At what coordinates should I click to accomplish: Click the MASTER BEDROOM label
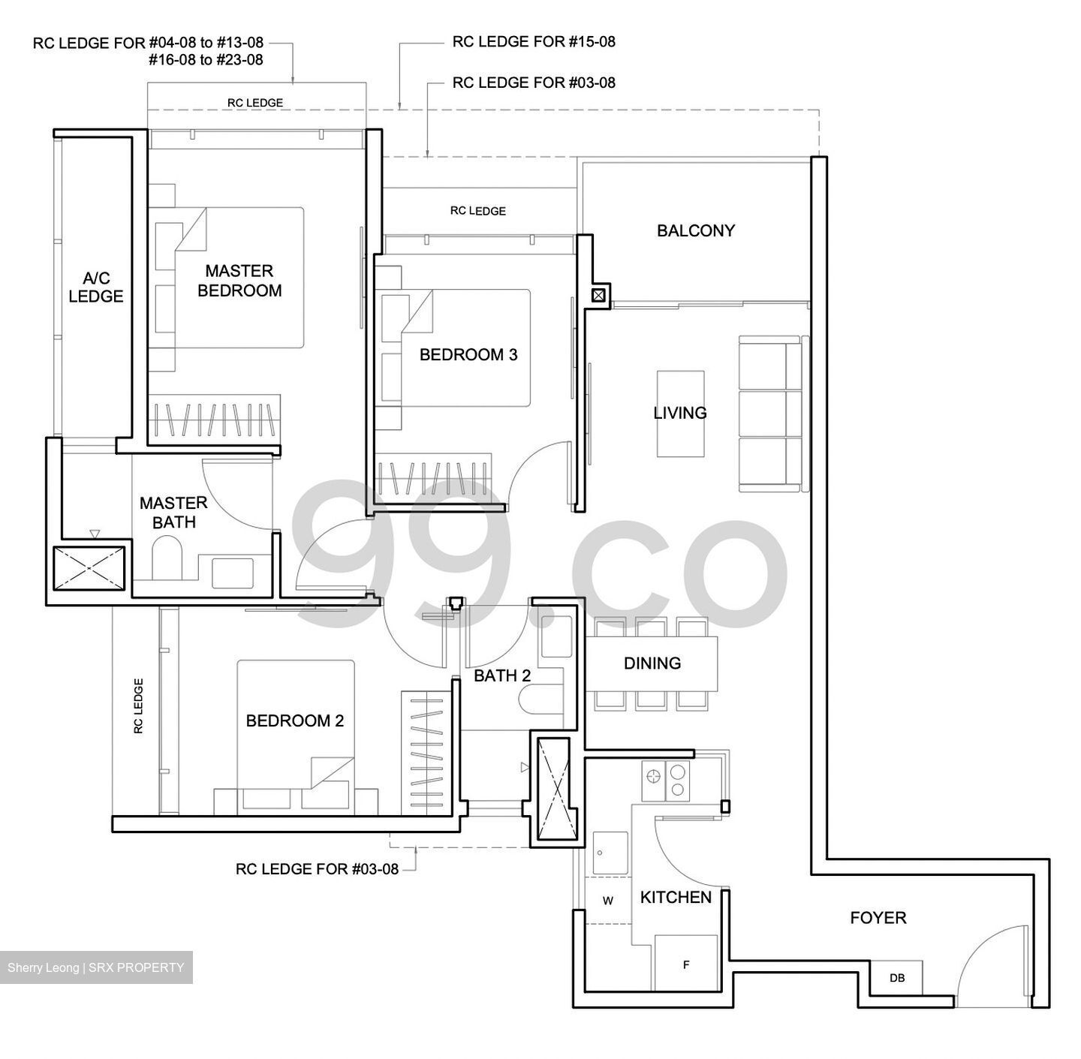point(239,281)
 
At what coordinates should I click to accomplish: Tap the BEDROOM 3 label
point(468,354)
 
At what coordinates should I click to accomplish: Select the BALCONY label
point(695,230)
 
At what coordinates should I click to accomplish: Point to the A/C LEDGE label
point(95,287)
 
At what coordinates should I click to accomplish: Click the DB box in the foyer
point(896,977)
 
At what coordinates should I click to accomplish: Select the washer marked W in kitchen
point(607,901)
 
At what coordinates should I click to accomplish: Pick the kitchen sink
point(610,853)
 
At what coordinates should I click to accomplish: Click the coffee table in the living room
point(680,413)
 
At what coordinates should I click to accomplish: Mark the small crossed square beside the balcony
point(598,296)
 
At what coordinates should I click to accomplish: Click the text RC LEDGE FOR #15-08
point(533,42)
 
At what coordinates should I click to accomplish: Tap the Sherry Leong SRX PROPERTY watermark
point(96,967)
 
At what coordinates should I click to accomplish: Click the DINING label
point(652,663)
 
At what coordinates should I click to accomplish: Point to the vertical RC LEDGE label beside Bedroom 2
point(138,705)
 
